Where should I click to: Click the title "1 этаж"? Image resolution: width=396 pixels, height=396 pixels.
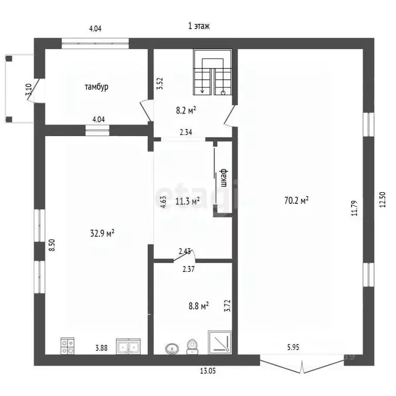click(199, 25)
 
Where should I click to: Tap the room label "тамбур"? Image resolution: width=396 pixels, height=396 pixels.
click(96, 87)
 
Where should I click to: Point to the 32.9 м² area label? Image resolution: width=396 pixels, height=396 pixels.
click(103, 233)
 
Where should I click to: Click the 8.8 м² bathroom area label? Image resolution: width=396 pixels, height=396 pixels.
click(197, 306)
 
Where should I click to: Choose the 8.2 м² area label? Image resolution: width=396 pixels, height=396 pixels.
click(187, 109)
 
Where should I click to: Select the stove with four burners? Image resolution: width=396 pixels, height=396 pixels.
click(68, 345)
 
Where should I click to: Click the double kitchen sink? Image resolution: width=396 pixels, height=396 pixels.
click(128, 346)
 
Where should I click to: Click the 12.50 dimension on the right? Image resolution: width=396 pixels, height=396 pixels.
click(382, 200)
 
